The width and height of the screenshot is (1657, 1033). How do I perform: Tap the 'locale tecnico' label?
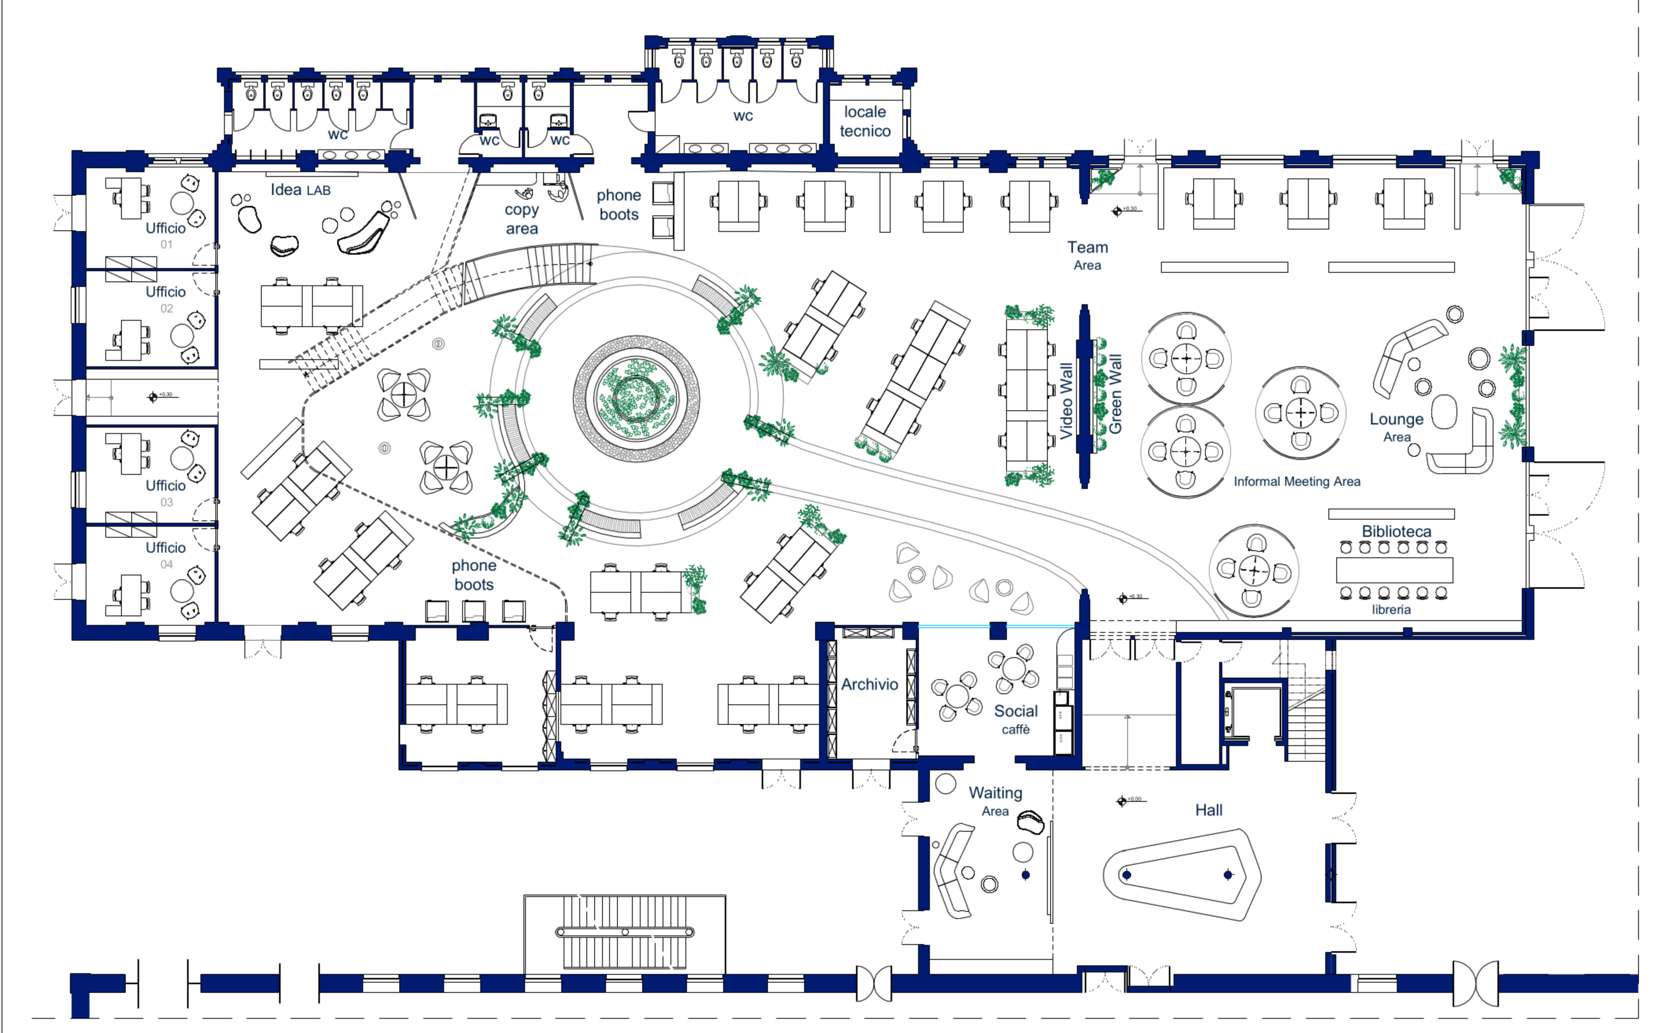pos(865,121)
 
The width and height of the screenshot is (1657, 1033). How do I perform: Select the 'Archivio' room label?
pos(869,684)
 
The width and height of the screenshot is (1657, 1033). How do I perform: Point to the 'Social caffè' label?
pos(1016,719)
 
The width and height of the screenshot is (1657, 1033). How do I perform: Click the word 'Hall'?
pos(1208,810)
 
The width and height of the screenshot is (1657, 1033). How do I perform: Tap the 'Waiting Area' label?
pos(995,801)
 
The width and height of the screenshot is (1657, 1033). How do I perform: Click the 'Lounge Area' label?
pos(1397,426)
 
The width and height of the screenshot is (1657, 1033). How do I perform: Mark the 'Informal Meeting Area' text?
pos(1296,481)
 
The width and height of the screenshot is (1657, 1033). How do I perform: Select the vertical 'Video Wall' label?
pos(1065,401)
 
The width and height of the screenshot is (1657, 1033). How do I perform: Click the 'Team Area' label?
pos(1088,255)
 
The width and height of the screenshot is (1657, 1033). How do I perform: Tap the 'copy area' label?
pos(522,219)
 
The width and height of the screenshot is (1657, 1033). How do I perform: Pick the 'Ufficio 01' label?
pos(165,234)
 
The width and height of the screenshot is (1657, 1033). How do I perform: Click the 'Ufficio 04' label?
pos(165,554)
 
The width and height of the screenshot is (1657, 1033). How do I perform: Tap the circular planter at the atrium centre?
pos(636,398)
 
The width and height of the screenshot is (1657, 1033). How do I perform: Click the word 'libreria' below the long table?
pos(1391,609)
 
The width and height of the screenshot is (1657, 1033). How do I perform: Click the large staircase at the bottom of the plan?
pos(624,932)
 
